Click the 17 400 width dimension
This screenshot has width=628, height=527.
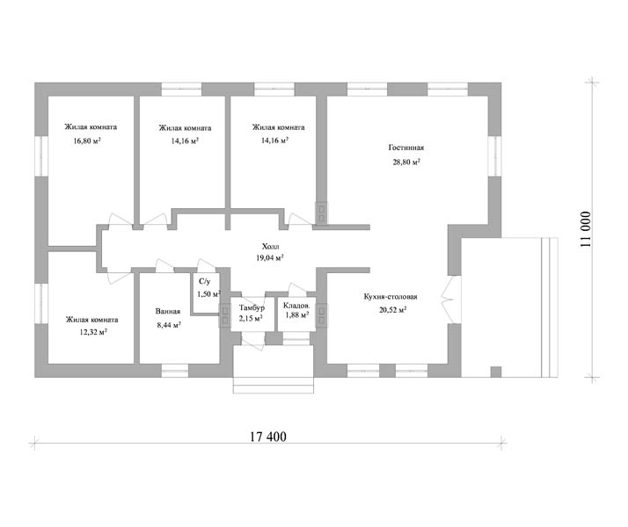pyautogui.click(x=268, y=437)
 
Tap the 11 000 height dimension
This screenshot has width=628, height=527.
pyautogui.click(x=586, y=229)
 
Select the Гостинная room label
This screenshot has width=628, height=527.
pyautogui.click(x=406, y=148)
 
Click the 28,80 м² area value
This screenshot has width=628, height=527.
pyautogui.click(x=406, y=162)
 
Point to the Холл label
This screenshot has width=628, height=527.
pyautogui.click(x=270, y=246)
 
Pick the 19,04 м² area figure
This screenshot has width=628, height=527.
pyautogui.click(x=270, y=258)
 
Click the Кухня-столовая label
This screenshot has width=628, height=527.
pyautogui.click(x=391, y=297)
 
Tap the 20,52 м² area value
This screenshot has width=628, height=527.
pyautogui.click(x=393, y=309)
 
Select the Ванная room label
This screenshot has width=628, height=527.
pyautogui.click(x=168, y=311)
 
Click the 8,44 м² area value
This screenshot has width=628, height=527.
pyautogui.click(x=169, y=325)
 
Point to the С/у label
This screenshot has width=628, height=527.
pyautogui.click(x=204, y=281)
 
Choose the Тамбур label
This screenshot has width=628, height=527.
pyautogui.click(x=252, y=308)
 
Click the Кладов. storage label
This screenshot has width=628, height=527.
pyautogui.click(x=296, y=306)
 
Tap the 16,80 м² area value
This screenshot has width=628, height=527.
pyautogui.click(x=87, y=141)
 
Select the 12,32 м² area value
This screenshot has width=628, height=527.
pyautogui.click(x=93, y=332)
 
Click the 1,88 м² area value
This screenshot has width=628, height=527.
pyautogui.click(x=296, y=315)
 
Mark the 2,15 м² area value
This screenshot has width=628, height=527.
pyautogui.click(x=251, y=318)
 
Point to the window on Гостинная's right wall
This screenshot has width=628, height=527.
pyautogui.click(x=494, y=156)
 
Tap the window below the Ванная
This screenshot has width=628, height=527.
pyautogui.click(x=175, y=371)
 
